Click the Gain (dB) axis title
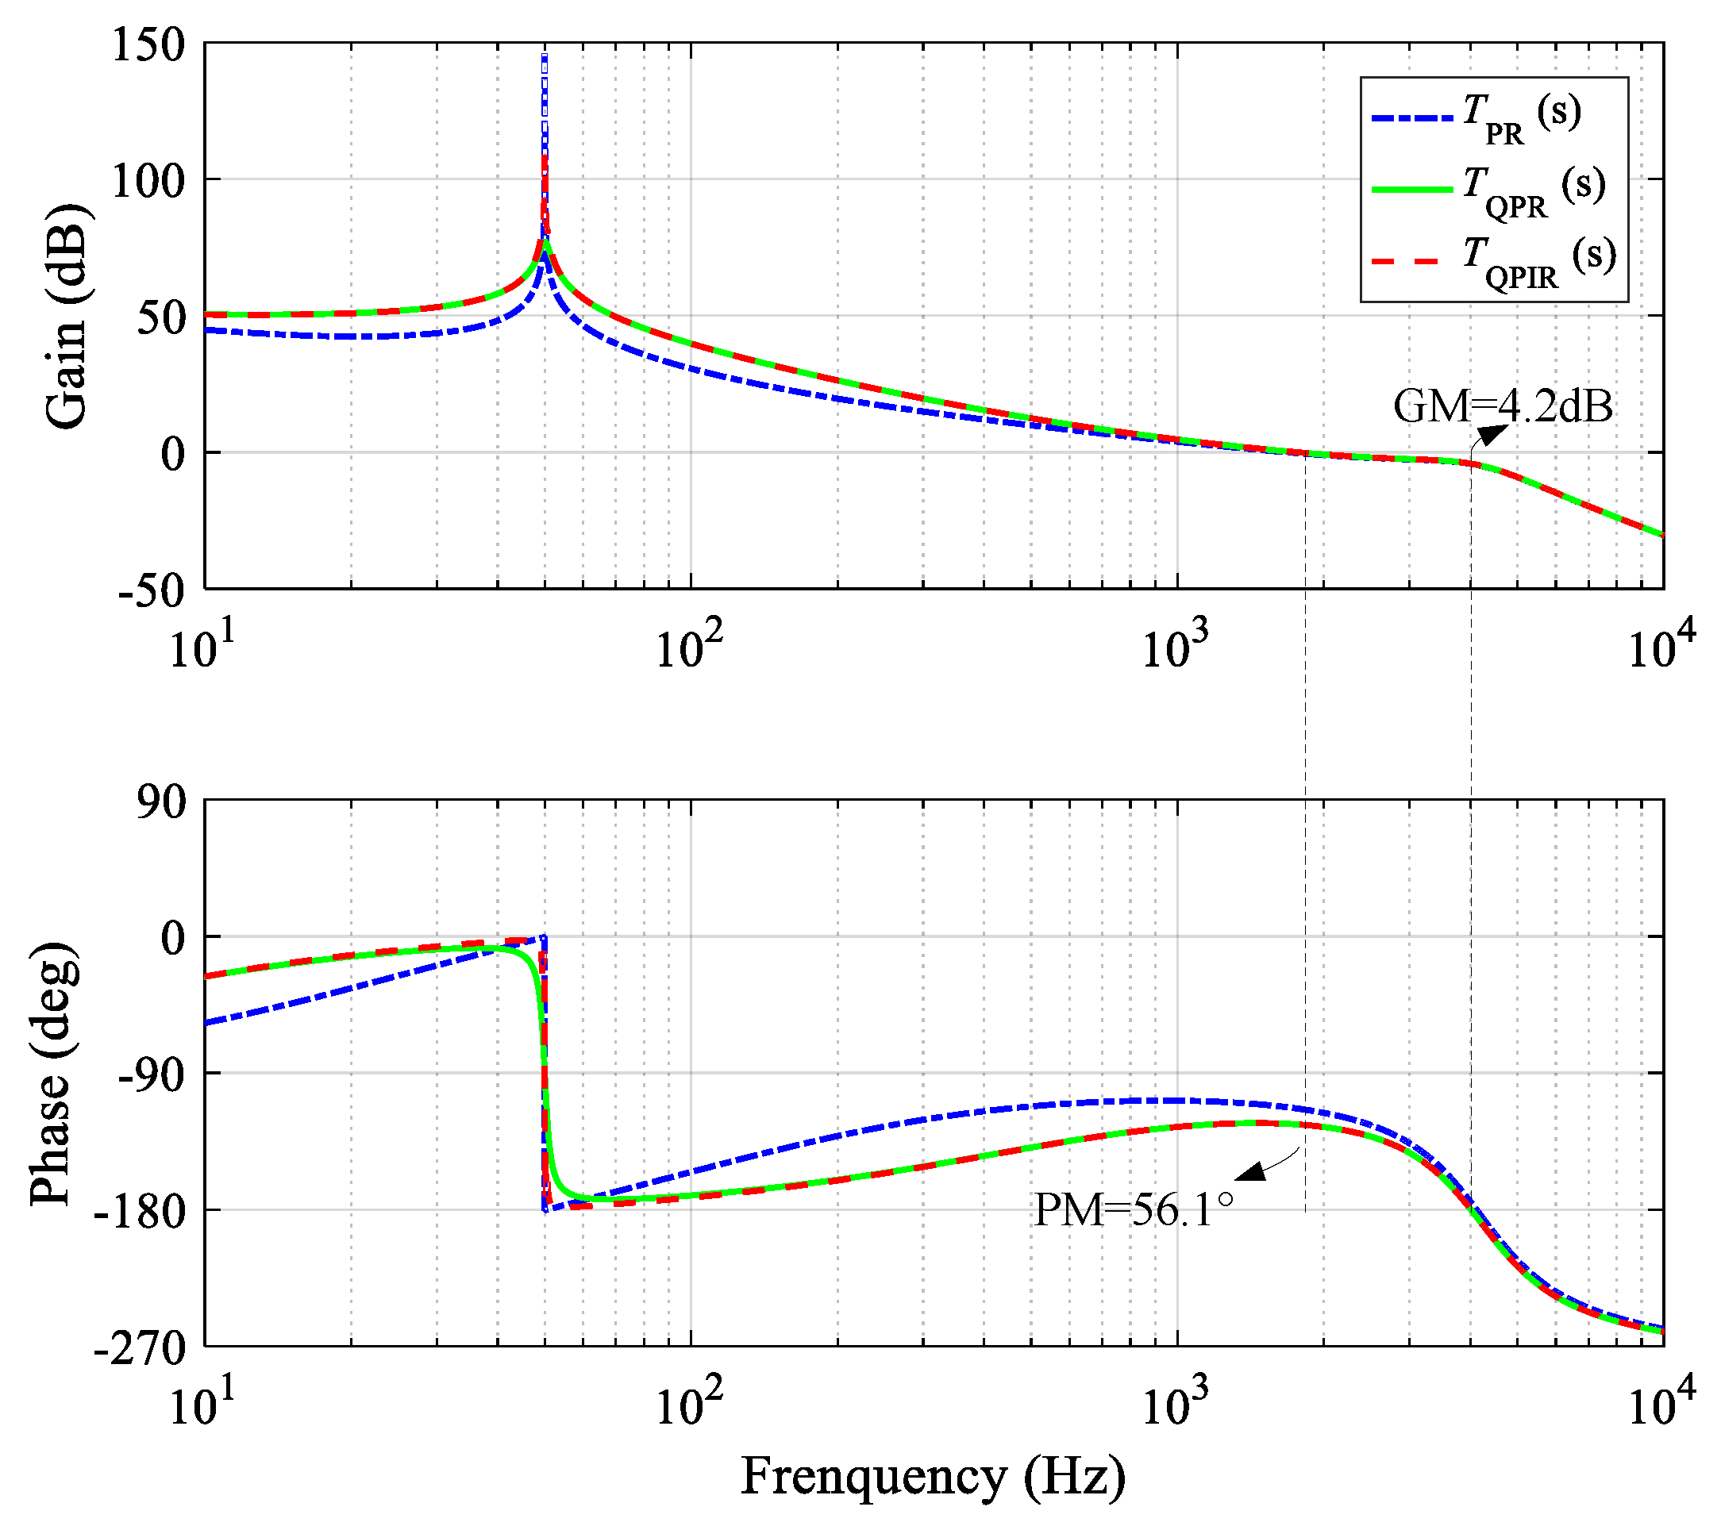pyautogui.click(x=66, y=316)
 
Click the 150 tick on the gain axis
pyautogui.click(x=148, y=44)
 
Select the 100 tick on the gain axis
pyautogui.click(x=148, y=180)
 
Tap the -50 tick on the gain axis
pyautogui.click(x=151, y=590)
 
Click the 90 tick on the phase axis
pyautogui.click(x=162, y=801)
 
